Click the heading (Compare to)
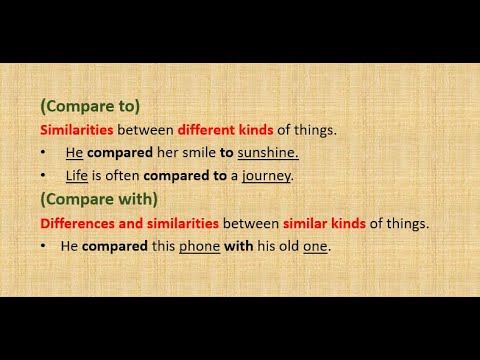(89, 106)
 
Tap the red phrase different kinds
(225, 129)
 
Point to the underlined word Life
(77, 175)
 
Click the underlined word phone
(199, 246)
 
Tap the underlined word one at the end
(316, 246)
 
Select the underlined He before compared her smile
(74, 152)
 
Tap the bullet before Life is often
(44, 175)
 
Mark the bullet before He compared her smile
(44, 152)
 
